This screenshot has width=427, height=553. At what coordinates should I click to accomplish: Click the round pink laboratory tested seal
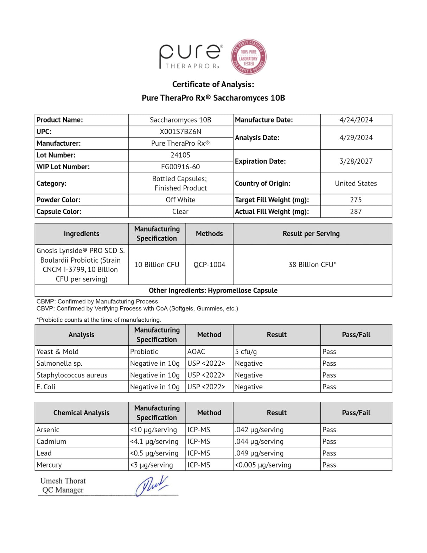point(248,57)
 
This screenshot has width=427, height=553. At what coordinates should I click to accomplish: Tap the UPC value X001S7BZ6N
point(180,132)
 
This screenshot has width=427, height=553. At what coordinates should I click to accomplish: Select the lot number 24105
point(180,155)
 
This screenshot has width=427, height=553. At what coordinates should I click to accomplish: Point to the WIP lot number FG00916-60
point(180,167)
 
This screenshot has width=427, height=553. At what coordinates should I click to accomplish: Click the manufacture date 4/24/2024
point(356,120)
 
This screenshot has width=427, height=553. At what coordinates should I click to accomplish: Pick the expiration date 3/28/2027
point(356,161)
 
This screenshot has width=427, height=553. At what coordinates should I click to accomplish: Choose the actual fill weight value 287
point(356,212)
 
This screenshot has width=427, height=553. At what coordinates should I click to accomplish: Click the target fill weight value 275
point(356,200)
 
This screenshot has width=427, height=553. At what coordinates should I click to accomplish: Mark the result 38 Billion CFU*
point(312,265)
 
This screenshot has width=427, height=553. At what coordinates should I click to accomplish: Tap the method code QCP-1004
point(209,265)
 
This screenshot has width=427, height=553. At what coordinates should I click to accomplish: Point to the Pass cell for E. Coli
point(329,387)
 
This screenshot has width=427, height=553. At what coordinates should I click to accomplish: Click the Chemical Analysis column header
point(81,413)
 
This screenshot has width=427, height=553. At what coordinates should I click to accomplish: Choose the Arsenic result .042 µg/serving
point(259,430)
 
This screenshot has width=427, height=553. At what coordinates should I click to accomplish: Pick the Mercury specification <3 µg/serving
point(152,465)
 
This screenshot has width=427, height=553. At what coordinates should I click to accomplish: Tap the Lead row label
point(44,453)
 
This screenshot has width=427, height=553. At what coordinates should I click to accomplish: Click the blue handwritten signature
point(152,486)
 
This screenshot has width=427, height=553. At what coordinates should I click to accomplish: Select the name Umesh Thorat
point(63,481)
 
